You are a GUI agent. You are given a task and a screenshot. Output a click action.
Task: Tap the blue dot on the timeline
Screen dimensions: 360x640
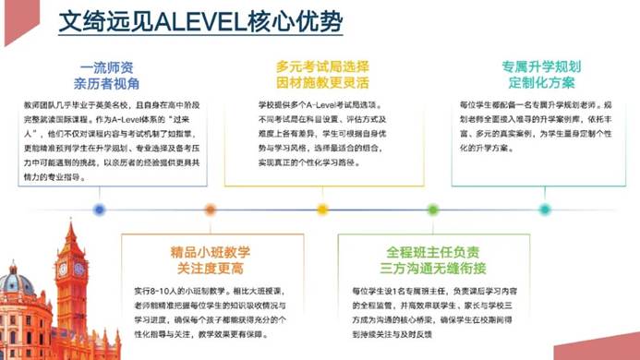[100, 210]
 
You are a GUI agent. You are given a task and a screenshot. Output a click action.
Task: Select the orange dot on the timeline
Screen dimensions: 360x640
[211, 210]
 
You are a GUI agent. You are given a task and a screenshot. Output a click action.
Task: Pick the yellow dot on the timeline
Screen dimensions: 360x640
[322, 210]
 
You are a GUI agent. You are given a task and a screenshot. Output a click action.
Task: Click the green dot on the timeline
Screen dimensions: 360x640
[432, 210]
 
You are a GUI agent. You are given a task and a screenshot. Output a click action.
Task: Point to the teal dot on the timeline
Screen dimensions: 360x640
[544, 210]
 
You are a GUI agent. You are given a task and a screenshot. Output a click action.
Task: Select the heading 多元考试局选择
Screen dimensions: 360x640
[322, 67]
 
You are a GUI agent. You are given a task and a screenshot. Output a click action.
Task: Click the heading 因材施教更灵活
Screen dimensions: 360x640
[322, 83]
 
